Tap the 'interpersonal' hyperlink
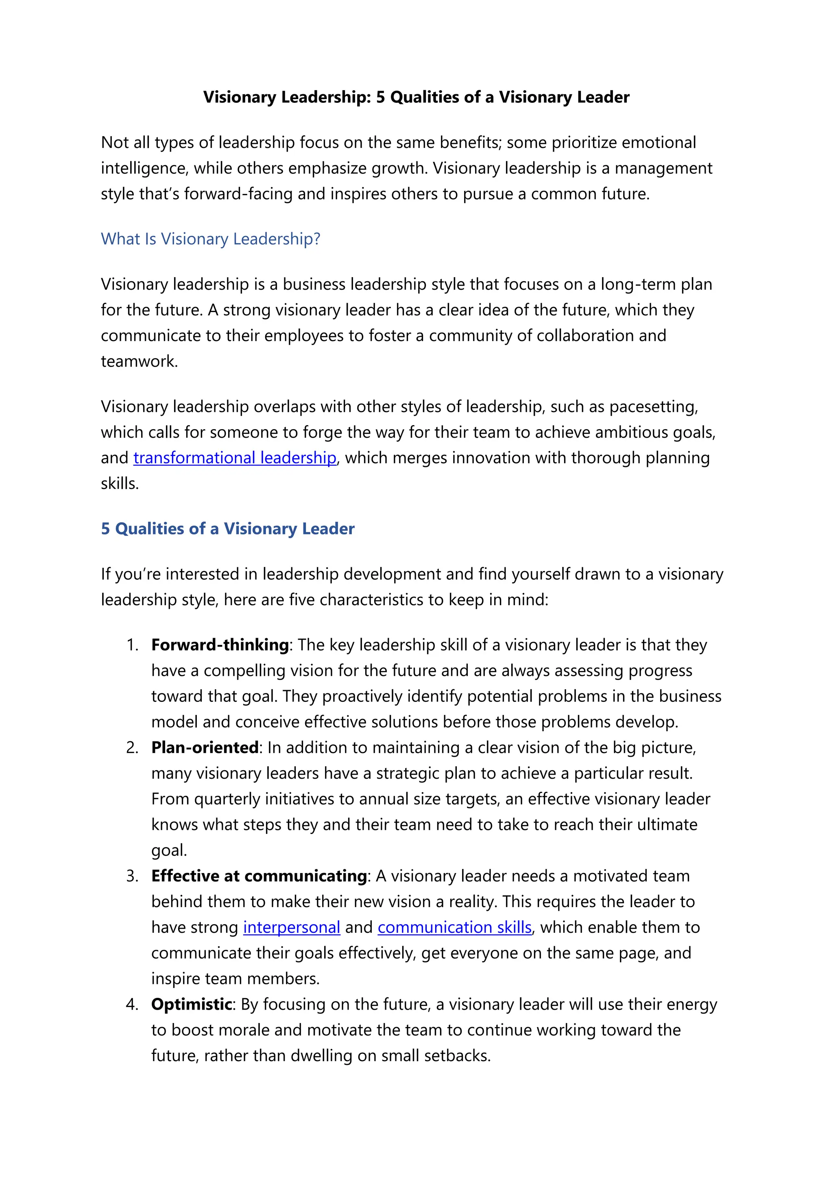point(291,927)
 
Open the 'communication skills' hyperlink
point(454,927)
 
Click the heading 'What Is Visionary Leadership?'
point(210,239)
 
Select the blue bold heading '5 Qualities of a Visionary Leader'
point(227,528)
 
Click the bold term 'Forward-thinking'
point(220,645)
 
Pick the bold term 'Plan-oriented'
point(205,747)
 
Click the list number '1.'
point(132,645)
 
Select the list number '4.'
point(132,1004)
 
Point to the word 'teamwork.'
point(140,361)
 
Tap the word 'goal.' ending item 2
point(169,851)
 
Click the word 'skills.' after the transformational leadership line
point(120,483)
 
